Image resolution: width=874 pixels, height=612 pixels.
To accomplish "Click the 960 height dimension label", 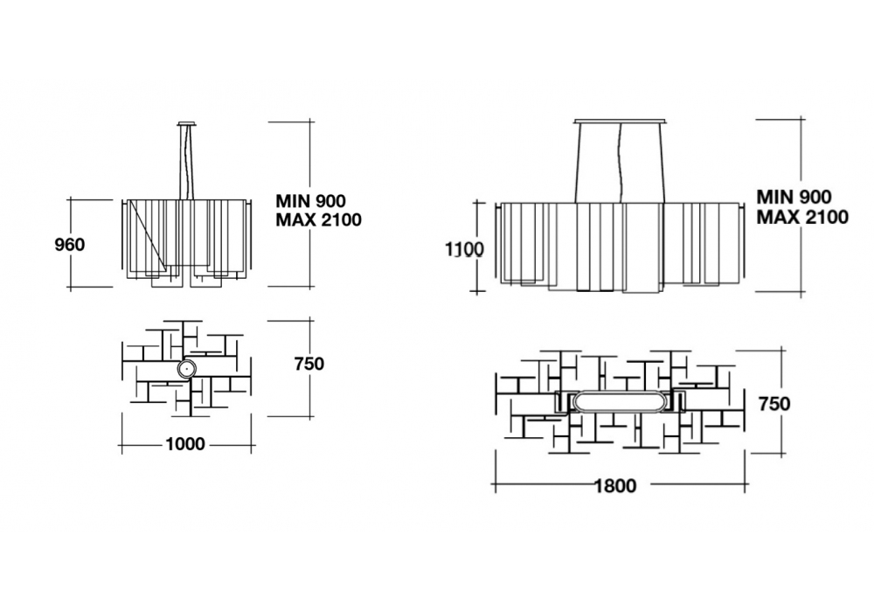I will (x=69, y=244).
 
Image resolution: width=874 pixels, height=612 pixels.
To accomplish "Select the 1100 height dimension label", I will (x=462, y=248).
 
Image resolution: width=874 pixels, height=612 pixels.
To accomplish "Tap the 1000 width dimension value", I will (x=184, y=444).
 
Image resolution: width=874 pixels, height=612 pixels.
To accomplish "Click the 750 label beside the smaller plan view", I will (x=309, y=364).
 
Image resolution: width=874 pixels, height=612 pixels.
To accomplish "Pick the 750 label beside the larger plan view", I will (x=774, y=404).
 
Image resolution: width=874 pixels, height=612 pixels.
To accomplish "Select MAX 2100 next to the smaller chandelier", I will (x=318, y=220).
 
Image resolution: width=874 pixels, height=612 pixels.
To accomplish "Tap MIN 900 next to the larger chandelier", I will (x=794, y=198).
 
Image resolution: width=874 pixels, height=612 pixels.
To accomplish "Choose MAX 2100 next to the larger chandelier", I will (x=802, y=217).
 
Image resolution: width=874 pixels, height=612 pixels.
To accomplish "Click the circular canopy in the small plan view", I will (x=186, y=369).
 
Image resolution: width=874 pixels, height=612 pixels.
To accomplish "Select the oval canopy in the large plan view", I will (x=620, y=401).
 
